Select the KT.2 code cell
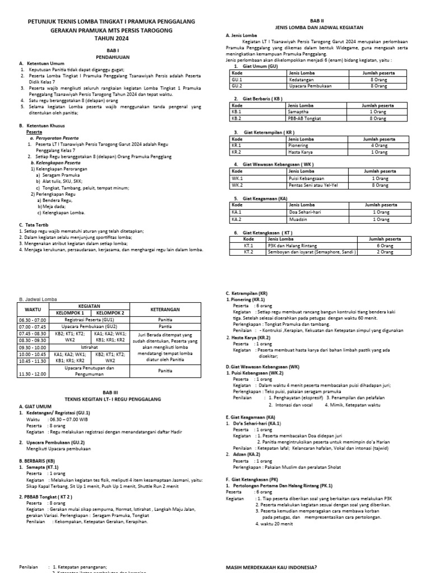249,252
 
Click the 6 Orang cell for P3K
384,245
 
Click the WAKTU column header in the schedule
35,309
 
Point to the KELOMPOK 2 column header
111,312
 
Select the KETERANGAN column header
165,309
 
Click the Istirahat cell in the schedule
90,347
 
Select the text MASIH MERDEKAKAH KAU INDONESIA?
271,567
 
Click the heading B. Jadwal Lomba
38,299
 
